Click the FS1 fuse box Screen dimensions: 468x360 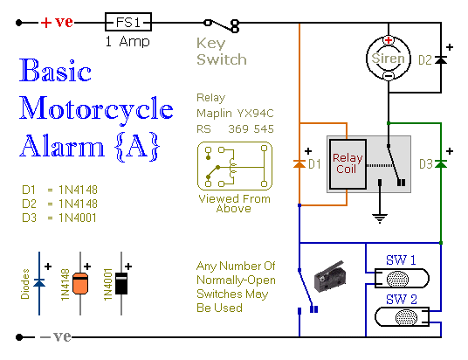[128, 22]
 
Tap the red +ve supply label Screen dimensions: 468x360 [57, 22]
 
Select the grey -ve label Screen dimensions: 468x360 [56, 336]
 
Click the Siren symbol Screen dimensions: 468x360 [389, 58]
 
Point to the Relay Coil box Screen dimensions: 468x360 [348, 163]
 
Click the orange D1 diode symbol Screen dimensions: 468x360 [299, 163]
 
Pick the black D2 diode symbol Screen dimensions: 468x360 [441, 60]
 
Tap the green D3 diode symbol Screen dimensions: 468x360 [441, 163]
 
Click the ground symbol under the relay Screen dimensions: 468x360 [380, 218]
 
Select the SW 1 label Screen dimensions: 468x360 [401, 260]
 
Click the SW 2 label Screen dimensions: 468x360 [401, 299]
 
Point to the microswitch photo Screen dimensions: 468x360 [330, 276]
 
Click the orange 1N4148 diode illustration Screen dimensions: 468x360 [80, 283]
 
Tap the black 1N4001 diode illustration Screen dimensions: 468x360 [121, 283]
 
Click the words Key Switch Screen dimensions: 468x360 [222, 52]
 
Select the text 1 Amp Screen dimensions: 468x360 [127, 42]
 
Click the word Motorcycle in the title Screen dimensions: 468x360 [96, 109]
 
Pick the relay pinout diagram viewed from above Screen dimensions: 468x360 [235, 166]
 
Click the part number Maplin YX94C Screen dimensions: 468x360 [235, 114]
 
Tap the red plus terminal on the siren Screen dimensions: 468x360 [389, 39]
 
